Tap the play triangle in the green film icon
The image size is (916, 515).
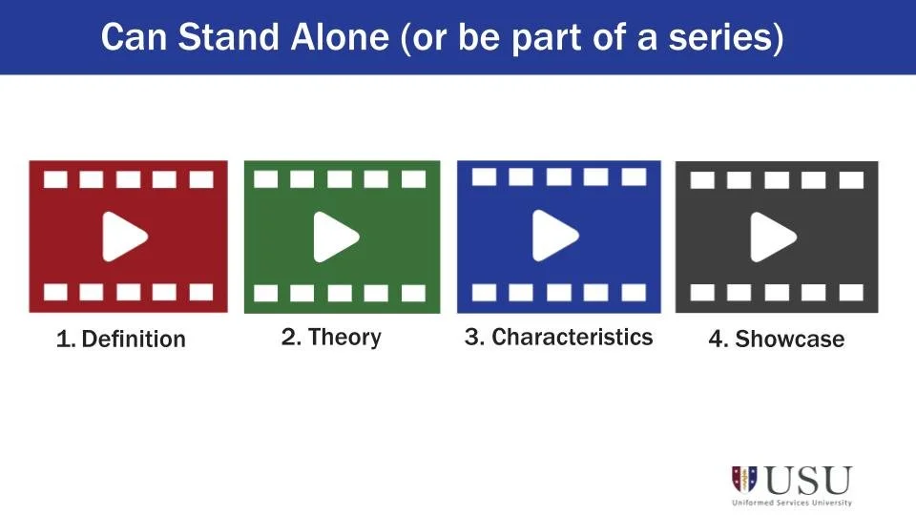tap(336, 237)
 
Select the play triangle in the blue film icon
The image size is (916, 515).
tap(554, 235)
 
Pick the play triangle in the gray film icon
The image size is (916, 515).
tap(772, 237)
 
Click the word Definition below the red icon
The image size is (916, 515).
tap(134, 340)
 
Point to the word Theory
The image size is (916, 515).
tap(344, 337)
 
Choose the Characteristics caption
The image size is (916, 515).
tap(572, 337)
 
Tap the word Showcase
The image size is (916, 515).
tap(790, 340)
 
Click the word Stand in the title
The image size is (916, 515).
tap(205, 38)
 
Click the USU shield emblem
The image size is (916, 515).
tap(744, 479)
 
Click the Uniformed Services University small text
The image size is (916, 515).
tap(792, 502)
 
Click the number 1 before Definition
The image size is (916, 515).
tap(63, 340)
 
